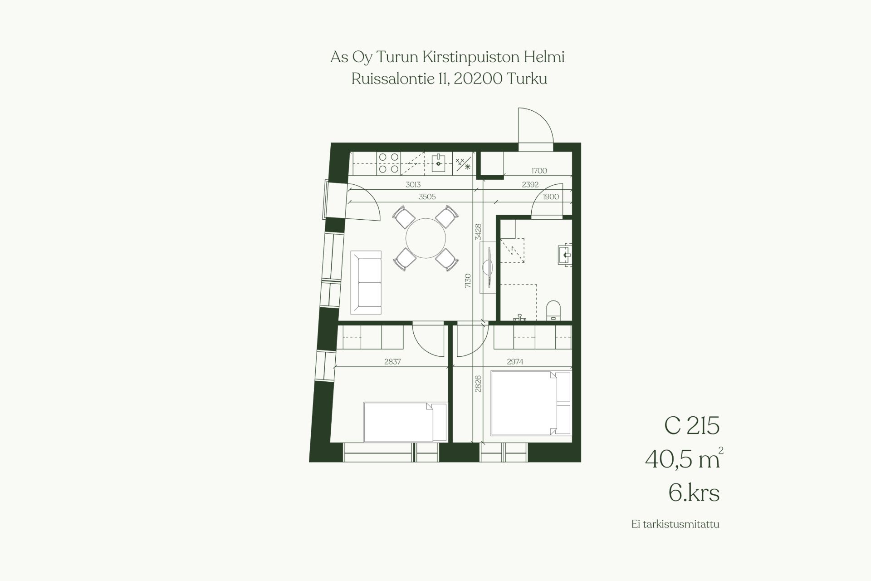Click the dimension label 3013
click(413, 185)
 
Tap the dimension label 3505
click(427, 197)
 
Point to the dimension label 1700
click(539, 171)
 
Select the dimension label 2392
click(530, 185)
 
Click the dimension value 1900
click(551, 197)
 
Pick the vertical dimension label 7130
click(468, 281)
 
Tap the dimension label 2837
click(392, 362)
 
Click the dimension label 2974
click(515, 362)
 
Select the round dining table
click(426, 238)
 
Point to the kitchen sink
click(439, 162)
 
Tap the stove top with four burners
click(389, 163)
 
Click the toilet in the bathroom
click(553, 310)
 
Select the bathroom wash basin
click(565, 255)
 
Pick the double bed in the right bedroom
click(531, 403)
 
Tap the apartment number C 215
click(692, 425)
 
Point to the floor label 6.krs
click(694, 492)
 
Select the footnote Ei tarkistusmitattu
click(675, 524)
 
